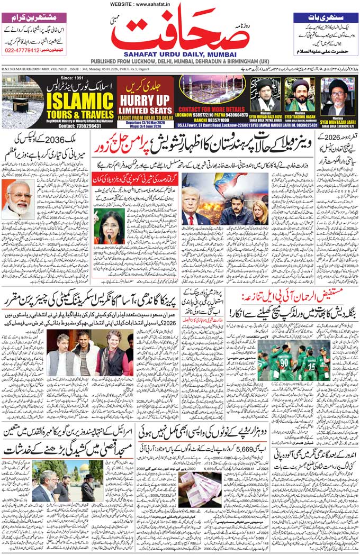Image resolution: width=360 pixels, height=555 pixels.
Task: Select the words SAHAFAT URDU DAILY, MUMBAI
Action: click(180, 54)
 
